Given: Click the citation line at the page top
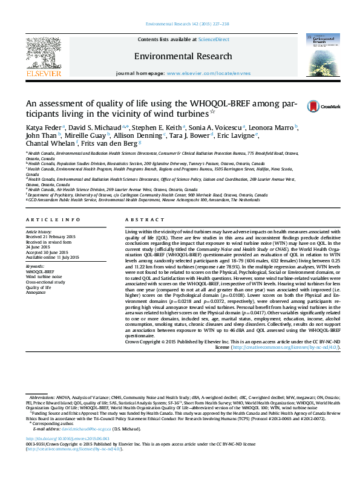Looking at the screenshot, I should coord(180,25).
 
